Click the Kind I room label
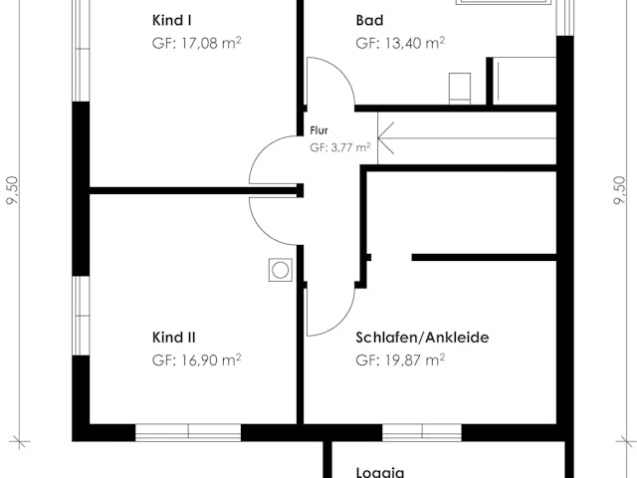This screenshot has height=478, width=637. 173,20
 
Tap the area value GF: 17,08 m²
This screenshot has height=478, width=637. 196,43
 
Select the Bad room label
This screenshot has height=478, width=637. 369,20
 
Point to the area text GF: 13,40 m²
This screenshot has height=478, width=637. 399,43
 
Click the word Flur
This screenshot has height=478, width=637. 318,129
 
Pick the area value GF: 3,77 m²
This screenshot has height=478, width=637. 339,146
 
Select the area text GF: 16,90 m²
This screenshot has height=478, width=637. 196,359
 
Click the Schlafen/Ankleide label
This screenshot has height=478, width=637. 422,338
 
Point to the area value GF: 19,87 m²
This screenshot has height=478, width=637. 399,359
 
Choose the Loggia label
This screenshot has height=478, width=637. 380,473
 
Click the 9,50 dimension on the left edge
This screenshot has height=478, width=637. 13,189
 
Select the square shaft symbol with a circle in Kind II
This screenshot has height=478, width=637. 281,270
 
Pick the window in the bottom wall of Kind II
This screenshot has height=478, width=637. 188,432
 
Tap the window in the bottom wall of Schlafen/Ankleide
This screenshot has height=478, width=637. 421,432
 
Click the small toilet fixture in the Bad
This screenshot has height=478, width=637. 460,87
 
